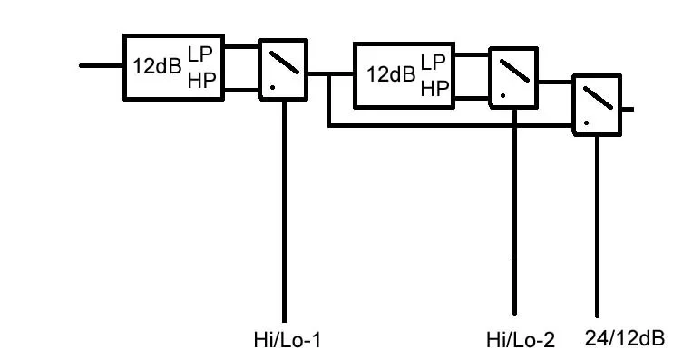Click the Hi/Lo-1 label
pos(287,341)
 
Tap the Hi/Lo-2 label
pos(520,341)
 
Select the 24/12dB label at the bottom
pos(625,338)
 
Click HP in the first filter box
pos(200,81)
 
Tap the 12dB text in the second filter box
pos(391,74)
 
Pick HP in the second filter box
pos(434,88)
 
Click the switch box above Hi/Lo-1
pos(284,68)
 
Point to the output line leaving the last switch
pos(627,109)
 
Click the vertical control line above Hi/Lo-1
pos(285,209)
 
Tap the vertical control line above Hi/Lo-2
pos(514,209)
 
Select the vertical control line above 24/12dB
pos(597,227)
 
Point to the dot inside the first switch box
pos(272,87)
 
